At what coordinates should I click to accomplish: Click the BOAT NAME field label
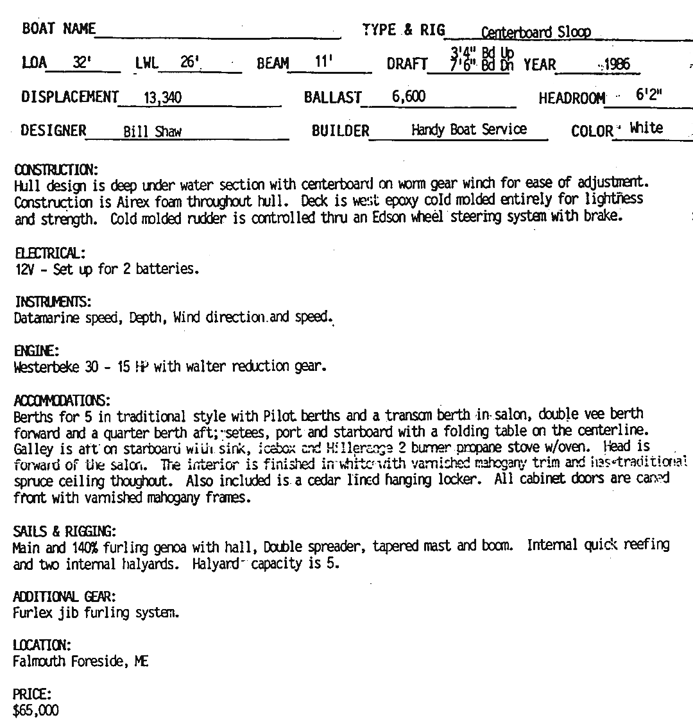click(58, 29)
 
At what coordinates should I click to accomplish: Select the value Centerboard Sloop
click(535, 33)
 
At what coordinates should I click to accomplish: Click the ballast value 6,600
click(409, 97)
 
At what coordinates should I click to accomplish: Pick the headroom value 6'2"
click(649, 95)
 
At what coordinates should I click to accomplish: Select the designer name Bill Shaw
click(152, 132)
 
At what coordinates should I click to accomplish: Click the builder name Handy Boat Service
click(468, 130)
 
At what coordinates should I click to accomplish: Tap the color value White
click(646, 128)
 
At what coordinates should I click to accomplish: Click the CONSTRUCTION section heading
click(55, 170)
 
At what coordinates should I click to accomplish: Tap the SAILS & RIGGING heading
click(64, 531)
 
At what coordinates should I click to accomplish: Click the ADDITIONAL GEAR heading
click(64, 597)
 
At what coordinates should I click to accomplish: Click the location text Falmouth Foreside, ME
click(81, 662)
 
